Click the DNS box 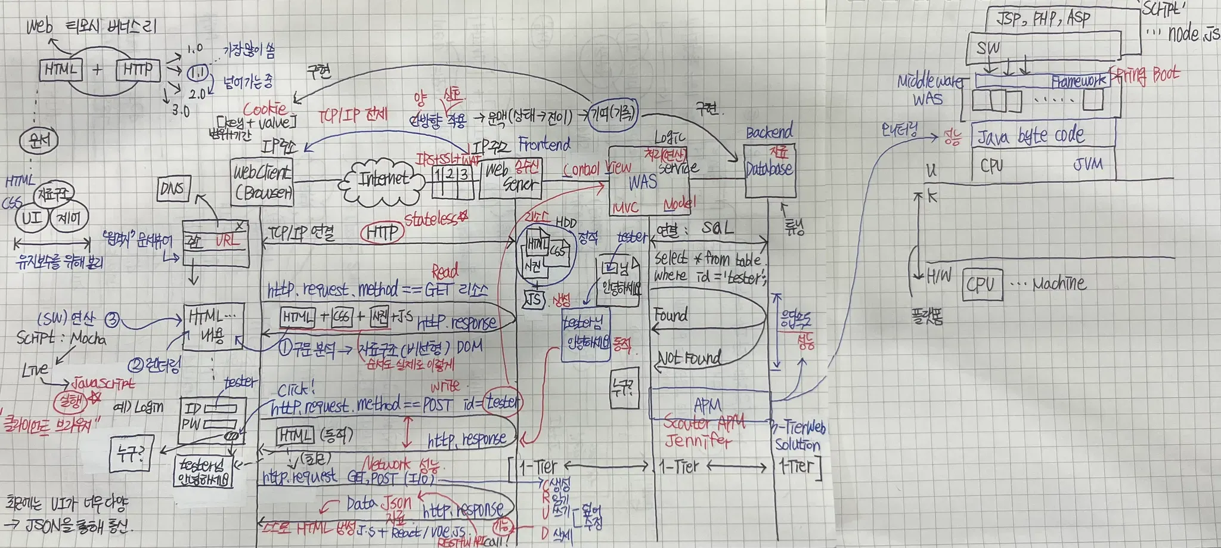click(x=172, y=189)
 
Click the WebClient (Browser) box click(x=262, y=182)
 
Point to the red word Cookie click(x=265, y=109)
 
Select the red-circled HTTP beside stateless click(x=382, y=232)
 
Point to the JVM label click(x=1087, y=163)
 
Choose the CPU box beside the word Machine click(x=981, y=284)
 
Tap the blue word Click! click(x=296, y=390)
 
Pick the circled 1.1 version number click(x=197, y=73)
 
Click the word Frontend click(x=544, y=144)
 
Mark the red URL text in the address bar click(x=227, y=240)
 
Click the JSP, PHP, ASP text click(x=1043, y=18)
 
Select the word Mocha click(x=88, y=339)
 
